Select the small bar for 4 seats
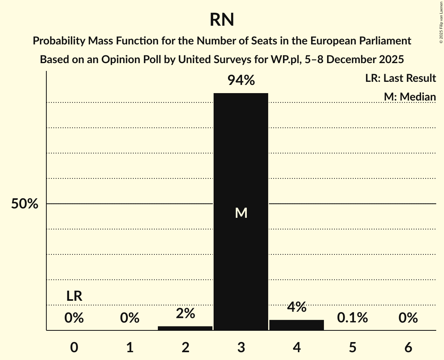pos(297,325)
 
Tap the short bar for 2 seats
pos(185,328)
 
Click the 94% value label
pos(241,81)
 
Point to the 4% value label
pos(297,307)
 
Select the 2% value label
pos(185,313)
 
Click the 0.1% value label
pos(352,318)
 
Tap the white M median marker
pos(241,213)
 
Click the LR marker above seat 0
pos(74,296)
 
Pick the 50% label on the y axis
pos(25,204)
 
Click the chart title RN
pos(222,19)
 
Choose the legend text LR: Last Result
pos(400,78)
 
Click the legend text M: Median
pos(410,97)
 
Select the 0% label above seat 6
pos(408,318)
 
